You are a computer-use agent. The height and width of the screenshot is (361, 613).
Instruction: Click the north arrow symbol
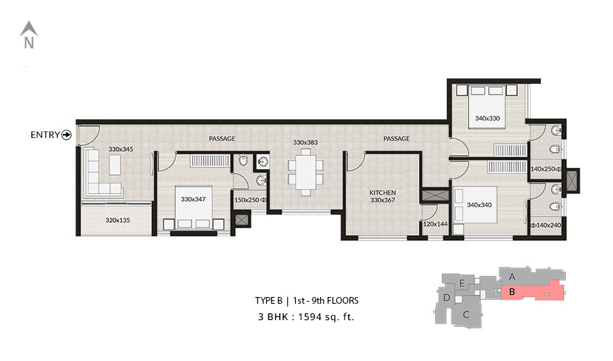[29, 29]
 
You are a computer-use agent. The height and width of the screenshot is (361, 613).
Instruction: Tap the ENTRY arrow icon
[67, 135]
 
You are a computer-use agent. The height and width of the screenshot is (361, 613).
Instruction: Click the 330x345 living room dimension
[121, 149]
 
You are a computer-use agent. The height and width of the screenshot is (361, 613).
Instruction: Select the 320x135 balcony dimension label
[118, 220]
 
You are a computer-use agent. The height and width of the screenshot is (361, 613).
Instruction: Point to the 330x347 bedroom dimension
[193, 199]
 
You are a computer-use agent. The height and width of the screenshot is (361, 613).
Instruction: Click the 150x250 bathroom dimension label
[247, 200]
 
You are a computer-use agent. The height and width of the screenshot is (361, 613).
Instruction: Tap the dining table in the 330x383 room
[306, 172]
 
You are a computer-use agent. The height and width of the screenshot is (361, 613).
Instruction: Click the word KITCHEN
[382, 193]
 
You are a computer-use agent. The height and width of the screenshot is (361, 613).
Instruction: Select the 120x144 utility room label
[435, 224]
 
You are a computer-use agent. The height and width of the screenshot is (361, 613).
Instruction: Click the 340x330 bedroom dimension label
[488, 118]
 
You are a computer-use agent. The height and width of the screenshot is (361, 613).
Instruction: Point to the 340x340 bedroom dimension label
[480, 204]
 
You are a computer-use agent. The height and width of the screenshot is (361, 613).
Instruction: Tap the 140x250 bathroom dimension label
[543, 169]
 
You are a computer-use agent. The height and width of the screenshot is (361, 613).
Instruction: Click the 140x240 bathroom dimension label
[548, 225]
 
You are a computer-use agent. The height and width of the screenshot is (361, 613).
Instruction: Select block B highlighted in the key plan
[533, 293]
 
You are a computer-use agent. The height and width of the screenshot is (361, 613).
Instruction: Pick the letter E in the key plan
[462, 283]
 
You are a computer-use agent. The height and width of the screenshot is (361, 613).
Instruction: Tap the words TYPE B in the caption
[268, 301]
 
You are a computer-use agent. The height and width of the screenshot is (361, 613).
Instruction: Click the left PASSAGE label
[222, 138]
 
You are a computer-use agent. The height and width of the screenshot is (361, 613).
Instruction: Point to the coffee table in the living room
[115, 165]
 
